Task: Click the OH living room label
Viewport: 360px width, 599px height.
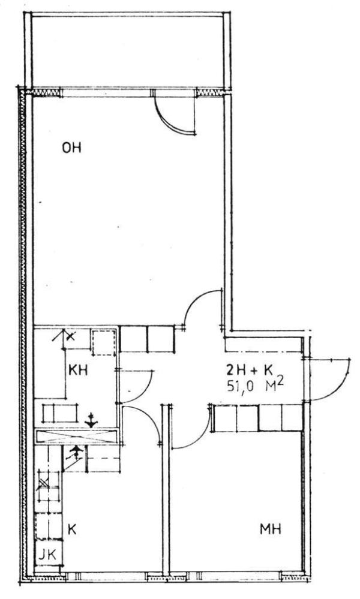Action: (x=71, y=148)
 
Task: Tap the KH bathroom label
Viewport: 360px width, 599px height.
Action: (x=78, y=370)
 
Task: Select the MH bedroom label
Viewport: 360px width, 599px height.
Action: (x=271, y=529)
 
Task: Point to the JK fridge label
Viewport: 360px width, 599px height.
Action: (x=47, y=554)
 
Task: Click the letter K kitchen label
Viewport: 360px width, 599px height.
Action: (x=71, y=529)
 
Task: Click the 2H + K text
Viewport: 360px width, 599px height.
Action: (x=249, y=370)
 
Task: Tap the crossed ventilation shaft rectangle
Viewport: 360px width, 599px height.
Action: (x=76, y=437)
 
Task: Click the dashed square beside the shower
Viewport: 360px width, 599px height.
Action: (x=104, y=342)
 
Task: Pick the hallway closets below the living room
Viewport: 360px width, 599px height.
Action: (x=147, y=339)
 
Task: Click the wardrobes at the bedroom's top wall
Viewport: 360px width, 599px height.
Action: (x=259, y=419)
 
